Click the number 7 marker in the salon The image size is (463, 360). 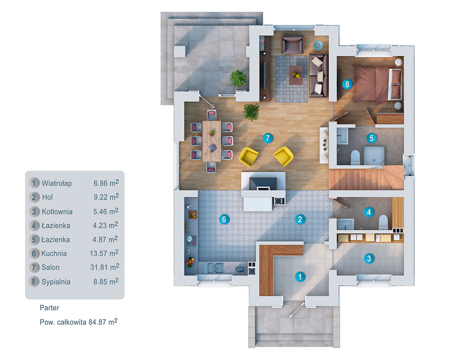267,138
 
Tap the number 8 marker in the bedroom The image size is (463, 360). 347,84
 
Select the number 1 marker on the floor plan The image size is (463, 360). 299,276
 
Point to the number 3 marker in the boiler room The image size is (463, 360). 369,258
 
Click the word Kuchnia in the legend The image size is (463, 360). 54,253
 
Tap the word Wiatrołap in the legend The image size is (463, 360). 57,183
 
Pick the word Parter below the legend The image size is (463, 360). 49,308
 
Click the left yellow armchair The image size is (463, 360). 248,156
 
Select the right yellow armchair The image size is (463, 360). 284,156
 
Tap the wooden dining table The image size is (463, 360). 211,141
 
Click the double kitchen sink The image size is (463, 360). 215,267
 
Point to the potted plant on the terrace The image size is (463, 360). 238,78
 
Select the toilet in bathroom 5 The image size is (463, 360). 355,156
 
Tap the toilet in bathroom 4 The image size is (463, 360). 383,222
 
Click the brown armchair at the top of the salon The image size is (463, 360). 292,44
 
